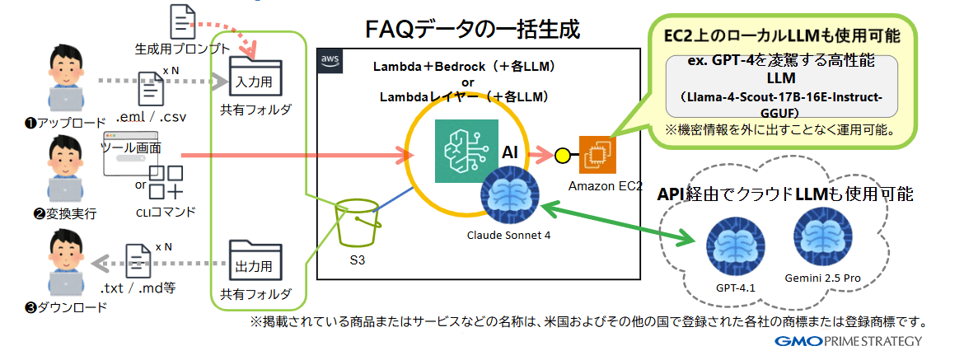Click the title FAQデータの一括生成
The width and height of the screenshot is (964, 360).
click(x=473, y=30)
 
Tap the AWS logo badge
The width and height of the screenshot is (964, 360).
click(x=330, y=60)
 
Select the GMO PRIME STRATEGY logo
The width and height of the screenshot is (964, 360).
click(x=849, y=342)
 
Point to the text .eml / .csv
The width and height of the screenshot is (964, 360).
click(x=152, y=116)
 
